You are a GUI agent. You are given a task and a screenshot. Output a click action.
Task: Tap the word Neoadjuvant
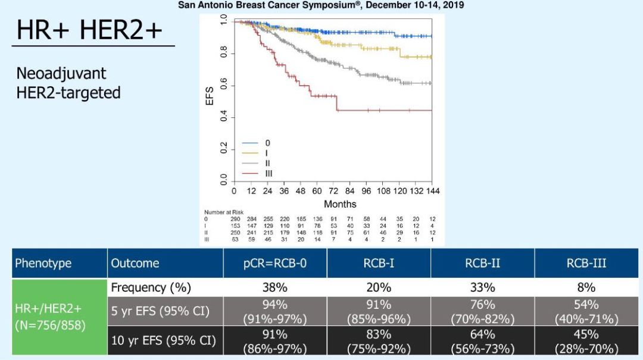click(x=62, y=74)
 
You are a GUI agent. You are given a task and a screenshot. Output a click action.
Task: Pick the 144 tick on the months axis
click(x=432, y=191)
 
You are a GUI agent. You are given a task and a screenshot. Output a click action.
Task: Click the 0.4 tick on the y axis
click(x=223, y=118)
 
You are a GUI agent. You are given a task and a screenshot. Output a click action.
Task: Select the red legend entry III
click(x=268, y=173)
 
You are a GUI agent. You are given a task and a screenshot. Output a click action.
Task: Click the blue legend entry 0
click(x=267, y=143)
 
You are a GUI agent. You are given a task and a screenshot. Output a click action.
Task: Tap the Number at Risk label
click(x=221, y=212)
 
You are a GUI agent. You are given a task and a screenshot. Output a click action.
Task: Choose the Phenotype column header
click(x=43, y=263)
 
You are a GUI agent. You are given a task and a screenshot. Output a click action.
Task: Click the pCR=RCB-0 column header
click(x=274, y=263)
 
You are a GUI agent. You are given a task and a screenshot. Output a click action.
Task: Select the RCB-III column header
click(x=586, y=263)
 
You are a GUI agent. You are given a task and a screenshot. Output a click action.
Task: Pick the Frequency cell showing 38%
click(x=274, y=287)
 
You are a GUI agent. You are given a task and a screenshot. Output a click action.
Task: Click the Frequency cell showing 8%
click(x=586, y=287)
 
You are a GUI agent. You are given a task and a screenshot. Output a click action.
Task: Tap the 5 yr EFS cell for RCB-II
click(x=482, y=311)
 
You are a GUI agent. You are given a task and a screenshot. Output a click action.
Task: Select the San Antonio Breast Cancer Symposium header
click(x=321, y=5)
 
